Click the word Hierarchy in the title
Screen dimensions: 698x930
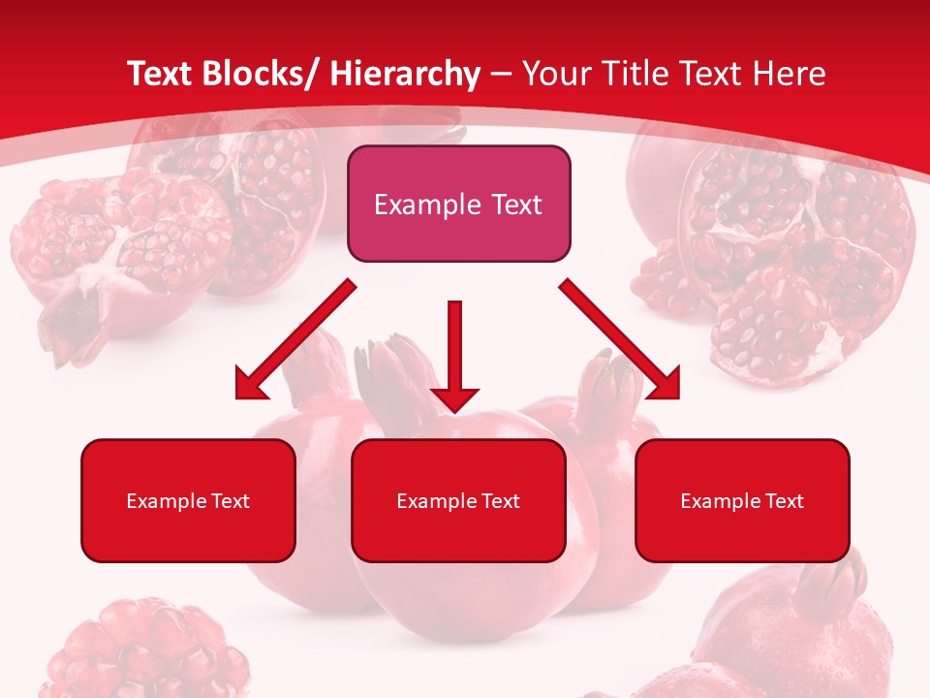pos(404,75)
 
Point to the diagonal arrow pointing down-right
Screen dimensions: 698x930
pos(620,339)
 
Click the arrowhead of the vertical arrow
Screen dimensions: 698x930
pos(454,398)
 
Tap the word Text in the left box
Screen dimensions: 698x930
pos(232,501)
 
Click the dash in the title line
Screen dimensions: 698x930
pos(500,75)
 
